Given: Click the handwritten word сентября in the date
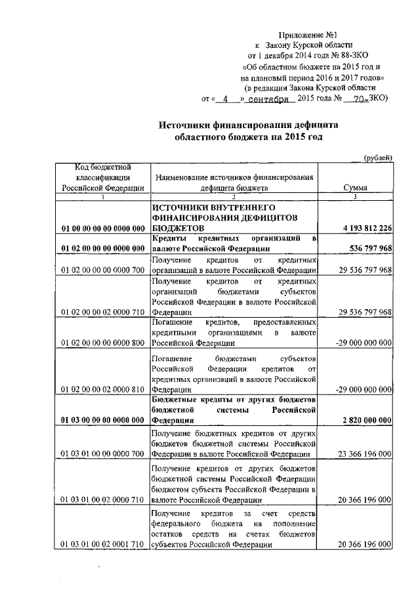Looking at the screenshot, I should [x=269, y=99].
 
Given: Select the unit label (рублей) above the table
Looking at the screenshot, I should [x=378, y=157].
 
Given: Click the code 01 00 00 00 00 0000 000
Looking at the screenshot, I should [x=103, y=228].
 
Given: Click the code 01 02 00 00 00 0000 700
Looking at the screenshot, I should [x=103, y=270].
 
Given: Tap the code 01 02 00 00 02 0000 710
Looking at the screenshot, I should [x=103, y=312].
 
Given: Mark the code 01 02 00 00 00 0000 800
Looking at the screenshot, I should [x=103, y=343].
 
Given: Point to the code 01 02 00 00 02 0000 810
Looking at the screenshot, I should [x=103, y=389].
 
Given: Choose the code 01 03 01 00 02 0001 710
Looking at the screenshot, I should [x=103, y=545].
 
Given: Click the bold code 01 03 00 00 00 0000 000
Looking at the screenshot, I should [x=103, y=420].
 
